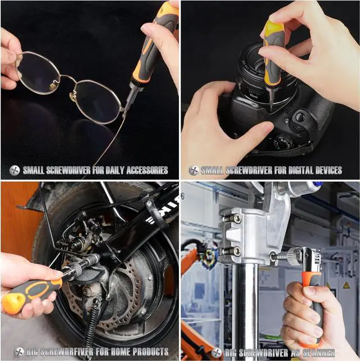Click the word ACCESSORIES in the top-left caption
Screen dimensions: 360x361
(x=147, y=170)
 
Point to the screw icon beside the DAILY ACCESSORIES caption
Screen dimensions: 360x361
(x=15, y=171)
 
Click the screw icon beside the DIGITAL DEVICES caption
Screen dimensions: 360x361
(x=193, y=171)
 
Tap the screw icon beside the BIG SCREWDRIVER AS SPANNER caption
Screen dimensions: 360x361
(x=217, y=353)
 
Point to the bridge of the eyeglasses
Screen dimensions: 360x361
(x=68, y=78)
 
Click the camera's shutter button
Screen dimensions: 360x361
(x=300, y=117)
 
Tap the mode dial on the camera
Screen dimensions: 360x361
(x=283, y=141)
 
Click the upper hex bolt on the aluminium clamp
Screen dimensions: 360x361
(x=237, y=218)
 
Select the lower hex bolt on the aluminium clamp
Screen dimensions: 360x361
(x=236, y=251)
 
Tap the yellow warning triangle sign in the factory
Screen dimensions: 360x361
(x=346, y=286)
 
